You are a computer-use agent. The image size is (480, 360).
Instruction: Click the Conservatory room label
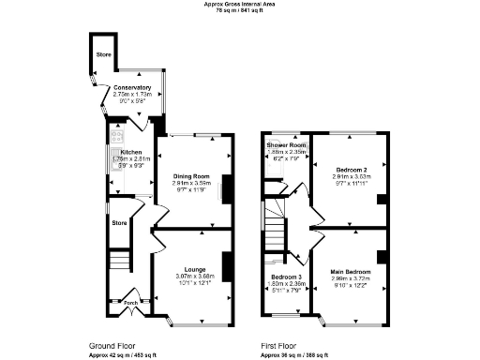coord(131,88)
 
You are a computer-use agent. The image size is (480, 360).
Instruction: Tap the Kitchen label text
coord(130,152)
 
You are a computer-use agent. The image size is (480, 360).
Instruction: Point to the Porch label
coord(130,302)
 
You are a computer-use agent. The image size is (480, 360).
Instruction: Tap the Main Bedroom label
coord(350,273)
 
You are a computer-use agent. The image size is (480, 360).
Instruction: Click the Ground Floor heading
coord(114,346)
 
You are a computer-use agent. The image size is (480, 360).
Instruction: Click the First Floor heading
coord(282,346)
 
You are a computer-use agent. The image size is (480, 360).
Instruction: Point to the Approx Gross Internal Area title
coord(239,4)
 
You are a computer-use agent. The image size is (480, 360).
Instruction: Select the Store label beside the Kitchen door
coord(119,223)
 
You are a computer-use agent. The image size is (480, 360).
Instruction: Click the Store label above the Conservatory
coord(102,55)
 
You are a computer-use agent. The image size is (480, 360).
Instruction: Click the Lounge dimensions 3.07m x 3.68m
coord(195,277)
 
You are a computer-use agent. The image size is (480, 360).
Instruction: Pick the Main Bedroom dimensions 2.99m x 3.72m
coord(350,279)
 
